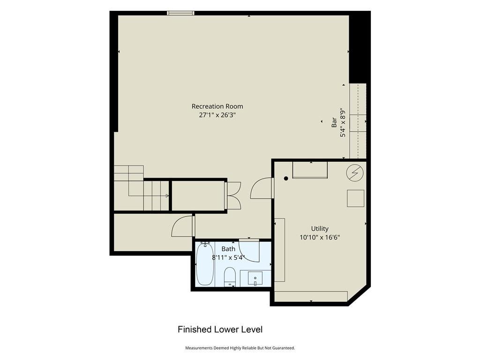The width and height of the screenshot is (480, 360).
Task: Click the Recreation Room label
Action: [217, 106]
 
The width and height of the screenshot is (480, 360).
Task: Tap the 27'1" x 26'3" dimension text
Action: [217, 115]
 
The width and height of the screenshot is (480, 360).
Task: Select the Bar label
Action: [334, 122]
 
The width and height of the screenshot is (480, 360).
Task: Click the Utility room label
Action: [320, 229]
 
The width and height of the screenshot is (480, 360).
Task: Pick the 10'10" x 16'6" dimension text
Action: [320, 237]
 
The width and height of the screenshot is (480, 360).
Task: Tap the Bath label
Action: [228, 249]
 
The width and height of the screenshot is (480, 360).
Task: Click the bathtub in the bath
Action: [205, 264]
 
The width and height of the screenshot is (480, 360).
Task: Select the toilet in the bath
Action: [230, 277]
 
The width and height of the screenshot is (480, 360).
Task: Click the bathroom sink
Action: [255, 279]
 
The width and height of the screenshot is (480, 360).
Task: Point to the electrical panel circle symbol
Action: [355, 173]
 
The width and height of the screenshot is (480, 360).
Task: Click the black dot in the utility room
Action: [286, 179]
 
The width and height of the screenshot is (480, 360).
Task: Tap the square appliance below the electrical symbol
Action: [355, 198]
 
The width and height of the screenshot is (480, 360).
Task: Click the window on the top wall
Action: [180, 13]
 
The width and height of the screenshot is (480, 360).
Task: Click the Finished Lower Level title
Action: [220, 330]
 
